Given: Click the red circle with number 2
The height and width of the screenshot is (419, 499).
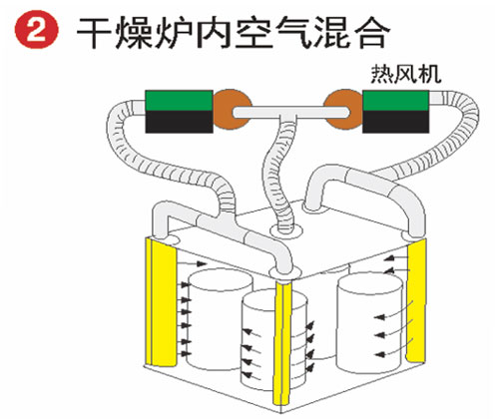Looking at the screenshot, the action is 37,32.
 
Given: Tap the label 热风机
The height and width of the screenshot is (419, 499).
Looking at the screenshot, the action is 406,74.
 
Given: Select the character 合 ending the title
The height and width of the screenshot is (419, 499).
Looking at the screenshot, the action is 370,33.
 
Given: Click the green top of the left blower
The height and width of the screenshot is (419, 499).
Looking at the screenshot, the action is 179,101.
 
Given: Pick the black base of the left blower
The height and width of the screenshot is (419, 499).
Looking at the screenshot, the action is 179,122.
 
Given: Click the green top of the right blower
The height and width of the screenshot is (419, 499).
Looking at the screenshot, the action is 395,101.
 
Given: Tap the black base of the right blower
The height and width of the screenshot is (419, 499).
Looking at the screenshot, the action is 395,122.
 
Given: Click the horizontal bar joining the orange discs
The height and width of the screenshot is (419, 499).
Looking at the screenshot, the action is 291,113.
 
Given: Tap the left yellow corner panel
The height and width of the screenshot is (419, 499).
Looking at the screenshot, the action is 161,302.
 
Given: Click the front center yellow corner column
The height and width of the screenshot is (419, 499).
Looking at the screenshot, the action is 282,342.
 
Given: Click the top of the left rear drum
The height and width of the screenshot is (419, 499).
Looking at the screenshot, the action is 221,279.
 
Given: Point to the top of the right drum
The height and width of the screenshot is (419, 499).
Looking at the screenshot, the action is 370,283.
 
